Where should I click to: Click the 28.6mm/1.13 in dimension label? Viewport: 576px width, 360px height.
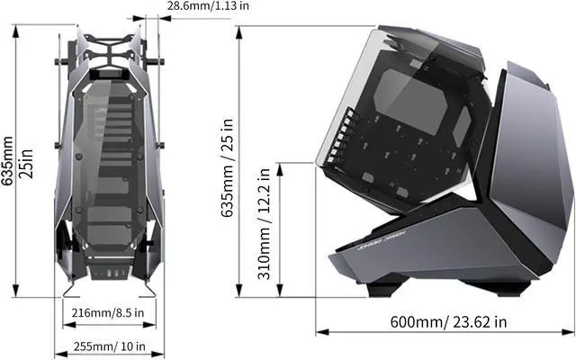pos(208,6)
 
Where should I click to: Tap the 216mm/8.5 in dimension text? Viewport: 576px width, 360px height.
pos(108,313)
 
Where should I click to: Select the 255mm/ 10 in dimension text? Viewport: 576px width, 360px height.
pos(110,346)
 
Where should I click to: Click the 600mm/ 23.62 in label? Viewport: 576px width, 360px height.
pos(448,322)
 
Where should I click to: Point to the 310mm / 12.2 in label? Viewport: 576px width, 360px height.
pos(264,224)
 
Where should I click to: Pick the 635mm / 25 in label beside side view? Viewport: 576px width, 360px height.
pos(228,168)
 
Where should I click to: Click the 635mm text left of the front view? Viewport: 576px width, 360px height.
pos(7,161)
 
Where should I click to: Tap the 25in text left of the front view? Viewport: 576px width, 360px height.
pos(26,164)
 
